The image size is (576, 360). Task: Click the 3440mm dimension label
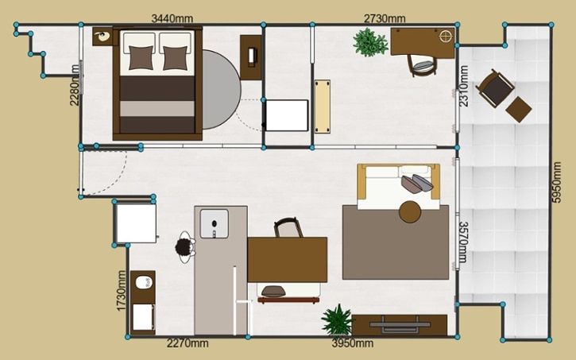coord(172,18)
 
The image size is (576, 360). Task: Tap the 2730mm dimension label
coord(385,18)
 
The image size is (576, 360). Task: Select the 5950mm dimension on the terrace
coord(557,182)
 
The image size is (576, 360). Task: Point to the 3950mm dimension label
coord(353,343)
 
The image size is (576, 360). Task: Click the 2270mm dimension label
coord(187,343)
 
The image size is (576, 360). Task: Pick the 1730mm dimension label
coord(122,291)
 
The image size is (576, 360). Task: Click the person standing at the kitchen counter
coord(185,247)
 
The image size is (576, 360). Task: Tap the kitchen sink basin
coord(214,223)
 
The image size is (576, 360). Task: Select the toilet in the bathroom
coord(144,282)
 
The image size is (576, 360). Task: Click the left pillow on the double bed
coord(141,57)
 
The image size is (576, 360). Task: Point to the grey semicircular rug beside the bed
coord(221,89)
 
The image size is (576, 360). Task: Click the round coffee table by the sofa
coord(410,212)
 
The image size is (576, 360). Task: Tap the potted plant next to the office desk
coord(370,43)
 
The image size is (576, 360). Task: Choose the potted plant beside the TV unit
coord(337,320)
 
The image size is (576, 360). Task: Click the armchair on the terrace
coord(495,88)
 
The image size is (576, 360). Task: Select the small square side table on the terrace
coord(519,110)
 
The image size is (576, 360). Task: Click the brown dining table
coord(288,260)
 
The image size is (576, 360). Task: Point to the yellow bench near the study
coord(323,106)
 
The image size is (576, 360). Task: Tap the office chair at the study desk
coord(423,65)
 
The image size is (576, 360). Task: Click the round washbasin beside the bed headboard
coord(102,36)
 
